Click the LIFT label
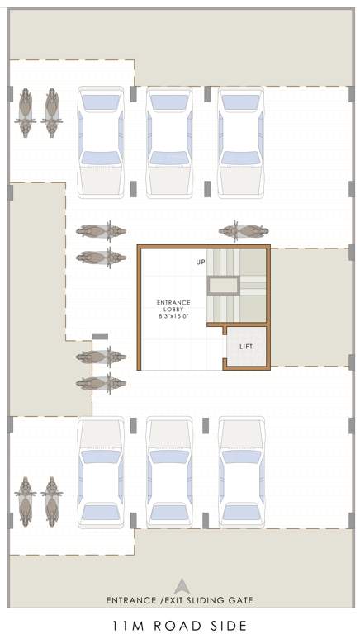245,346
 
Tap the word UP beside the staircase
200,262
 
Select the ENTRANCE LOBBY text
173,306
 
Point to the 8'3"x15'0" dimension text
173,316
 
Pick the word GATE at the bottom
238,600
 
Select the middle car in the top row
169,142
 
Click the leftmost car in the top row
100,142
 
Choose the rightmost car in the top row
240,142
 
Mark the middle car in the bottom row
169,471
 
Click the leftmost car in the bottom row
100,471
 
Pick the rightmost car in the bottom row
240,471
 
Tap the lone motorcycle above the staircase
243,231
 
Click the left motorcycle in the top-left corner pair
25,112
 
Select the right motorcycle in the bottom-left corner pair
52,501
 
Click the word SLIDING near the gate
196,600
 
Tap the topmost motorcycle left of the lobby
101,231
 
